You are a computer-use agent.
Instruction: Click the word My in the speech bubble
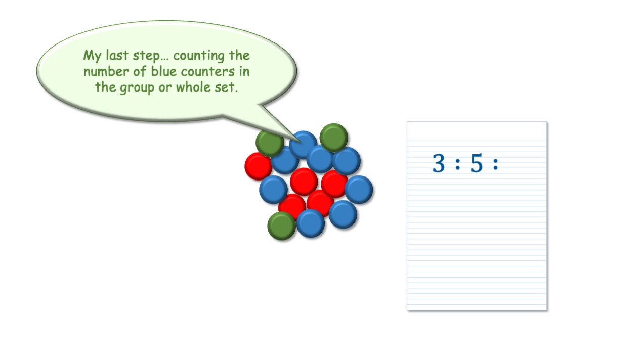pos(92,56)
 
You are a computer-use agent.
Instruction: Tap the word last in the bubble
pos(116,55)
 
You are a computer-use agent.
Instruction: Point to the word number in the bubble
pos(106,71)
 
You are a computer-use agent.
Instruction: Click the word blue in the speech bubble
pos(164,71)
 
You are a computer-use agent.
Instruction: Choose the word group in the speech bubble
pos(137,88)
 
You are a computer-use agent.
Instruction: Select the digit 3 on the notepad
pos(439,163)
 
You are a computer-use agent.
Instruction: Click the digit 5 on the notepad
pos(476,163)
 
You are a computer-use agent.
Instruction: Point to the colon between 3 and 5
pos(458,164)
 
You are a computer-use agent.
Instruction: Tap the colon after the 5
pos(495,164)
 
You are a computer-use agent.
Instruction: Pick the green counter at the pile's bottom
pos(281,226)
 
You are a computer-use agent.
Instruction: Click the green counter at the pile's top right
pos(334,138)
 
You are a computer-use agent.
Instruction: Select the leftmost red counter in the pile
pos(258,166)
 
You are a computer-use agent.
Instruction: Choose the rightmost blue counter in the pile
pos(359,190)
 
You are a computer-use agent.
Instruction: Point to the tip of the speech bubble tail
pos(301,142)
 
